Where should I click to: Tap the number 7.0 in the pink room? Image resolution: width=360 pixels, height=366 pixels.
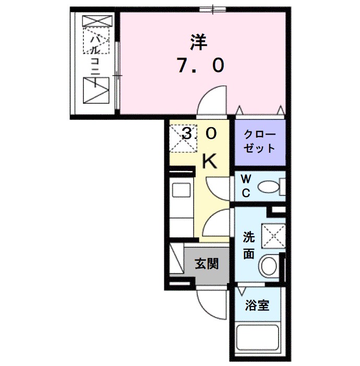click(200, 66)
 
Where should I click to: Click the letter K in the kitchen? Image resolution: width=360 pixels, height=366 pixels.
click(209, 162)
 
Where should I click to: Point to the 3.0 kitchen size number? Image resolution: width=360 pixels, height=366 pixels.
click(198, 134)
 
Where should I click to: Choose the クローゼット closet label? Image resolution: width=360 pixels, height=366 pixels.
click(259, 141)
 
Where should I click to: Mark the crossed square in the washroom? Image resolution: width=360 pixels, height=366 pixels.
click(273, 236)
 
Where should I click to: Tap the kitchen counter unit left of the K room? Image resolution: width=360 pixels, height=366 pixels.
click(181, 204)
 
